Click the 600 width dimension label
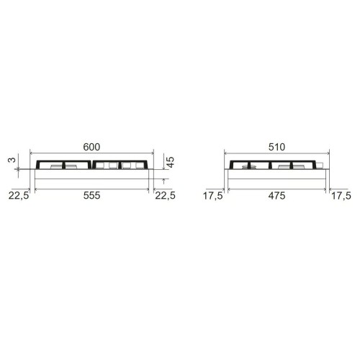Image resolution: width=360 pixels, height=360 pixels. tap(91, 147)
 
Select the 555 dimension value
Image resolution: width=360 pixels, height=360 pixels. tap(91, 196)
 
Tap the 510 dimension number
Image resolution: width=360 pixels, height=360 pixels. tap(276, 147)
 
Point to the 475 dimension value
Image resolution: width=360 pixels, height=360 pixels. tap(277, 196)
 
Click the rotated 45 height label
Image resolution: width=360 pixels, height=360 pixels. tap(170, 162)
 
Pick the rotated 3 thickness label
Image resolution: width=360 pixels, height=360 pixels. tap(12, 160)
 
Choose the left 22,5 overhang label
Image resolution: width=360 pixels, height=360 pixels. tap(19, 196)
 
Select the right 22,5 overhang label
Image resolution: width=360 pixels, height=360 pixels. tap(165, 196)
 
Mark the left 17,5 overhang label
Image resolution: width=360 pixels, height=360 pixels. tap(213, 196)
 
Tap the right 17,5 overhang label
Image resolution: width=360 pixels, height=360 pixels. tap(341, 196)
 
